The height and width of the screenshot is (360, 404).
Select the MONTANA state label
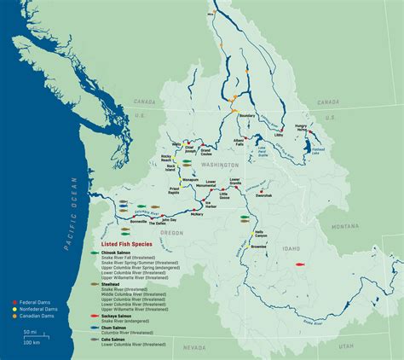pyautogui.click(x=345, y=225)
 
